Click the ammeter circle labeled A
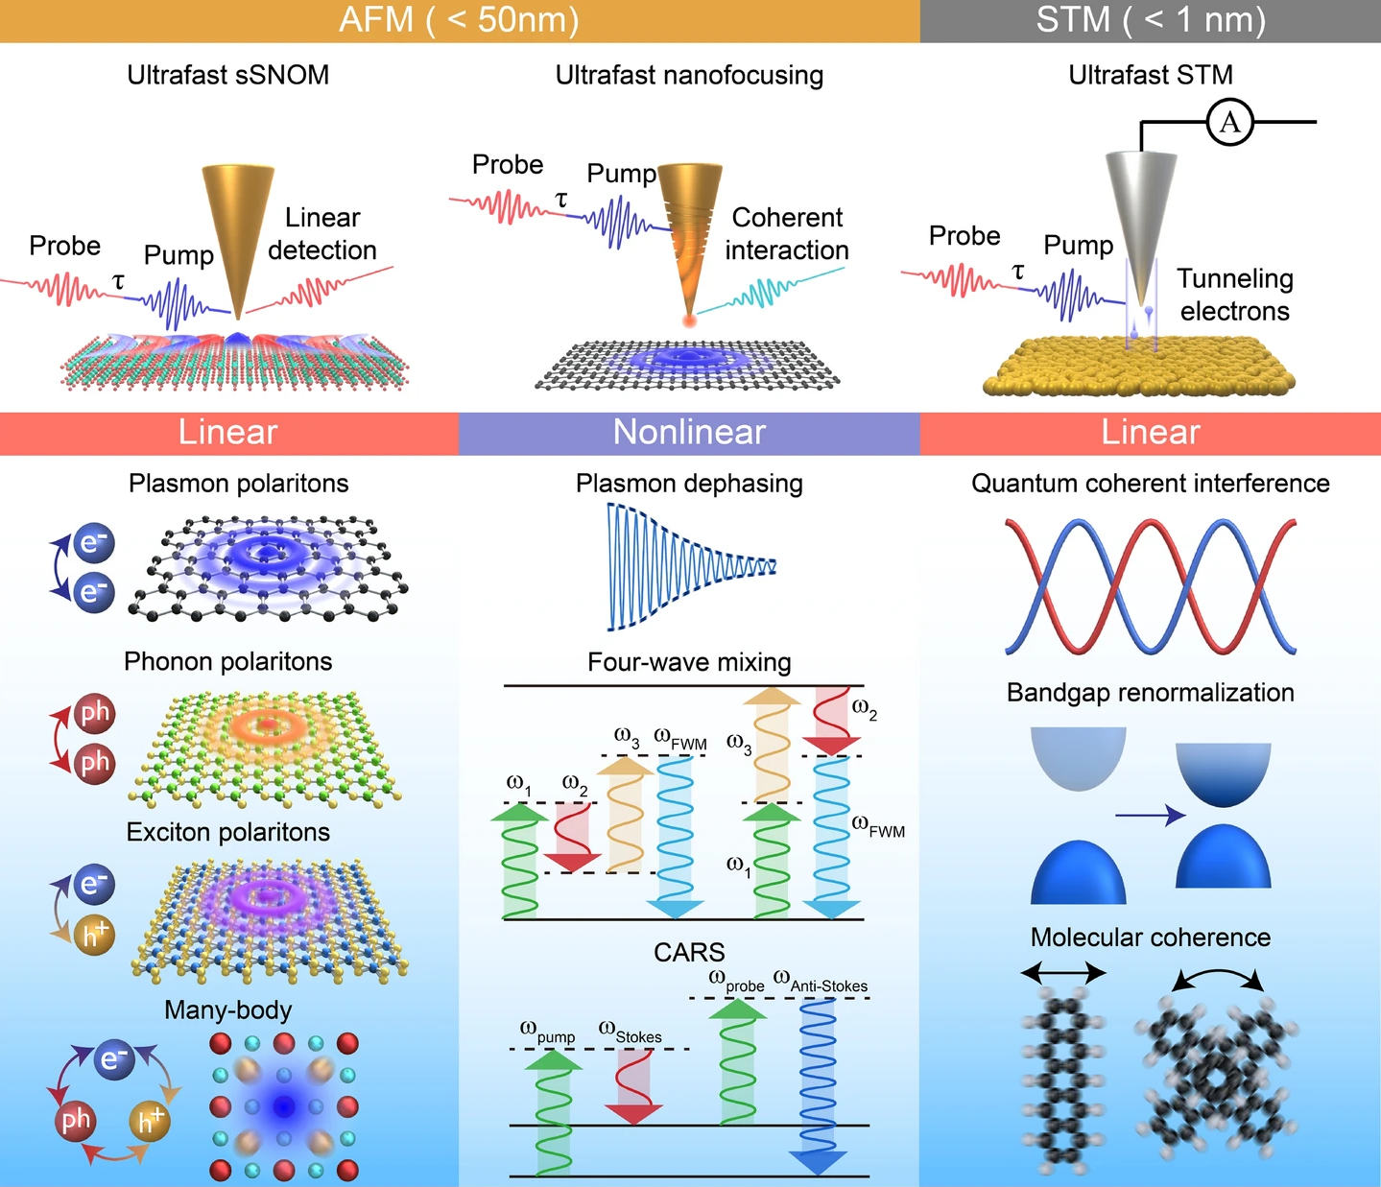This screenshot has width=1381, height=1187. point(1229,122)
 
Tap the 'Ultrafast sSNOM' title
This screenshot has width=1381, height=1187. point(228,75)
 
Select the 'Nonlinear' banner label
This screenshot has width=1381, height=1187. point(689,433)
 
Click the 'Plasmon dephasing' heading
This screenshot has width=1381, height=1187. point(689,484)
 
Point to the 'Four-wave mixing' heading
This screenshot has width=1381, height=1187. point(689,662)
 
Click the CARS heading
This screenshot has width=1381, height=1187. point(689,952)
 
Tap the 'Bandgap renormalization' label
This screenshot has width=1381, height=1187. point(1150,693)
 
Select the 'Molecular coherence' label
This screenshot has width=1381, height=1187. point(1150,938)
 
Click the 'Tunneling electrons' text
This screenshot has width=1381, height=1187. point(1235,295)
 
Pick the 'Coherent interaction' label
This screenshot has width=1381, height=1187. point(787,234)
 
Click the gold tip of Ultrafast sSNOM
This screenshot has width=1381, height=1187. point(237,230)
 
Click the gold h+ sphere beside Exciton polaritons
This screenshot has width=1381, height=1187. point(94,934)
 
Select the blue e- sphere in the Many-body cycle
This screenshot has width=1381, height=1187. point(114,1059)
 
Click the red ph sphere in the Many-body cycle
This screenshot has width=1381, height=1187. point(76,1120)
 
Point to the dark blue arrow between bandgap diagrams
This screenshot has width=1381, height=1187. point(1150,816)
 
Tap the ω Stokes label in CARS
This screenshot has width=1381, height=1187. point(631,1033)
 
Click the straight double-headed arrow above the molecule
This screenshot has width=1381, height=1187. point(1063,974)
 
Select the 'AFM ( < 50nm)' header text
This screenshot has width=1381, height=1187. point(459,20)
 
